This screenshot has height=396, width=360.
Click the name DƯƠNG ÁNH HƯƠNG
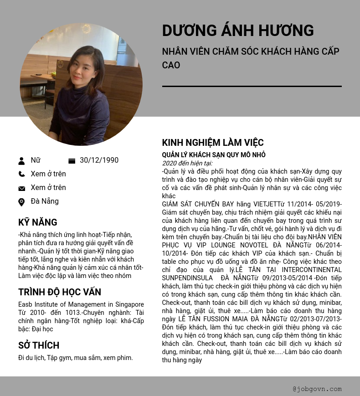(238, 31)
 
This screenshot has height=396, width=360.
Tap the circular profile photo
(81, 85)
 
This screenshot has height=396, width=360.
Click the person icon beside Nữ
(21, 161)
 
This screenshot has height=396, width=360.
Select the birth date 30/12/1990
(99, 160)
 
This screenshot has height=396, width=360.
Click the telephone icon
(21, 174)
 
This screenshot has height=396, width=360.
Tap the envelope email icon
(21, 188)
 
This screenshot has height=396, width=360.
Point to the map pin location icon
(21, 202)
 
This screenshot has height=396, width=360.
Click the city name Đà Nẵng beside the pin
(45, 201)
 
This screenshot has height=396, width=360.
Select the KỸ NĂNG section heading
(38, 222)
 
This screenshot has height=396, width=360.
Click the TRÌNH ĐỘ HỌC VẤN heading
(60, 292)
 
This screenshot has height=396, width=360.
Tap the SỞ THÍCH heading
(39, 345)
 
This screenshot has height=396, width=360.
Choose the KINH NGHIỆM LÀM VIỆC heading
(213, 143)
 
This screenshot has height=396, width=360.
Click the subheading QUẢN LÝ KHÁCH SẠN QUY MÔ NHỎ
(214, 155)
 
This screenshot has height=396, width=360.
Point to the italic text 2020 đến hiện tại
(187, 163)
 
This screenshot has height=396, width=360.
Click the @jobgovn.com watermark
(317, 389)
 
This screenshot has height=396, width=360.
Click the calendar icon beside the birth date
(72, 161)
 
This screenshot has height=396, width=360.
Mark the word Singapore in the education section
(129, 304)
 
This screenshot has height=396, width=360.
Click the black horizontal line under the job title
(252, 86)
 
